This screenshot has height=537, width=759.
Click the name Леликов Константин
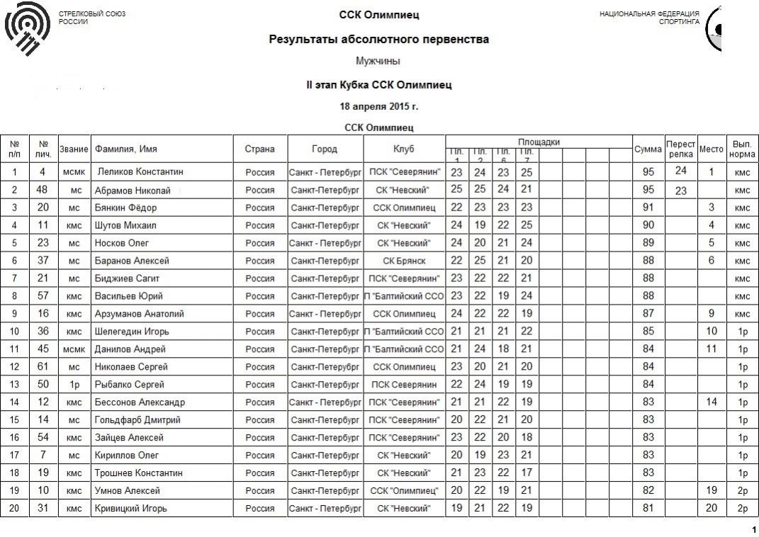(x=140, y=172)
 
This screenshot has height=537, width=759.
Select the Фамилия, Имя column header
(x=125, y=149)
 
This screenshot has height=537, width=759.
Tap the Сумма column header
(x=648, y=149)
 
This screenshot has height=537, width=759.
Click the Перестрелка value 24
(x=681, y=171)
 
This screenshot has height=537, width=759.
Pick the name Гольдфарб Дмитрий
(x=137, y=420)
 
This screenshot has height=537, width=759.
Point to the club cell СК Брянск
(x=404, y=261)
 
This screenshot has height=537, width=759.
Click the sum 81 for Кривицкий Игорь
(x=648, y=508)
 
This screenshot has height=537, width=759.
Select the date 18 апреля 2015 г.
(x=379, y=106)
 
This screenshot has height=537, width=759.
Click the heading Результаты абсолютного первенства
(x=378, y=40)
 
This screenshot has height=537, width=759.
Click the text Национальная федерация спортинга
(x=649, y=18)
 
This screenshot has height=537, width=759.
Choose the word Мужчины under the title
(x=378, y=62)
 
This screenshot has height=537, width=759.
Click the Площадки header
(x=539, y=142)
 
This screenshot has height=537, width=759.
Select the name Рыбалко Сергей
(x=130, y=385)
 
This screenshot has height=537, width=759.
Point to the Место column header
(x=712, y=149)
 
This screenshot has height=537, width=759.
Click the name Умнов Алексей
(x=128, y=491)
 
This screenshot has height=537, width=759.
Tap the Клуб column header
(x=404, y=149)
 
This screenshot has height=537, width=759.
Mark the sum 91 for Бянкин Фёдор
(x=648, y=208)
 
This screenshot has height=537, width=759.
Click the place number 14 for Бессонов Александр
(x=712, y=402)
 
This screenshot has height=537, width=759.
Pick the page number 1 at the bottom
(x=753, y=529)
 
